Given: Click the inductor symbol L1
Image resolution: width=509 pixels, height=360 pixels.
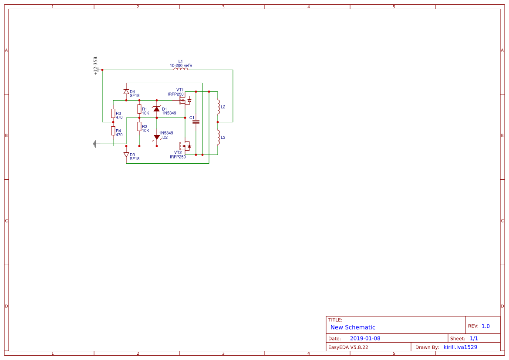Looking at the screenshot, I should (181, 69).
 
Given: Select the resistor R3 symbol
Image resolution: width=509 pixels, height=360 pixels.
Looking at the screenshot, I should (113, 114).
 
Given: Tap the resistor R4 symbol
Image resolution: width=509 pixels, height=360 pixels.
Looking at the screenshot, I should (113, 131).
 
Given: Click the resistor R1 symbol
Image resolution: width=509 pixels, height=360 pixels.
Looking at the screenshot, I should (139, 109).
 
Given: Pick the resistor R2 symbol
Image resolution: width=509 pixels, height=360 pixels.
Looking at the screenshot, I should (139, 126).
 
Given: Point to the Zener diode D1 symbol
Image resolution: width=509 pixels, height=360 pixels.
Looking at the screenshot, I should (157, 108).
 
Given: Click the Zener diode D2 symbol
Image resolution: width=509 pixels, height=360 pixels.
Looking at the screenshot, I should (157, 137).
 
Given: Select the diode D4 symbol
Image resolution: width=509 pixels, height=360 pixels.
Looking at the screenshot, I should (126, 92).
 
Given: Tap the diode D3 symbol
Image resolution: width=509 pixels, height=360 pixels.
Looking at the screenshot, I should (126, 155).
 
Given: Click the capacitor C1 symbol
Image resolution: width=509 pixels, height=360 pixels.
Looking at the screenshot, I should (196, 122).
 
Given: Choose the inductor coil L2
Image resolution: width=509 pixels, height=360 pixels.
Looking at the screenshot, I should (218, 107).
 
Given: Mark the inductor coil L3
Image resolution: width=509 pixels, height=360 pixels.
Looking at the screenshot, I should (218, 137).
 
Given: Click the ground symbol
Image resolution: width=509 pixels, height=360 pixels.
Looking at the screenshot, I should (94, 144).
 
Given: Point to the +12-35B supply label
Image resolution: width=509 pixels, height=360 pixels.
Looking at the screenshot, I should (96, 66).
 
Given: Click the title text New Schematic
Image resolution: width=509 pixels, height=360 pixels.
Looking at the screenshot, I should (353, 327).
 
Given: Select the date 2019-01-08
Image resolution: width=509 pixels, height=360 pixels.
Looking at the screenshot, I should (365, 338).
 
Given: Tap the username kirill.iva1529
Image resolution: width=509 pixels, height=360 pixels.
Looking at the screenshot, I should (460, 347).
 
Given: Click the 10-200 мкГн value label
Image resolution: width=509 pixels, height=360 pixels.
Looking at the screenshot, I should (181, 65).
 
